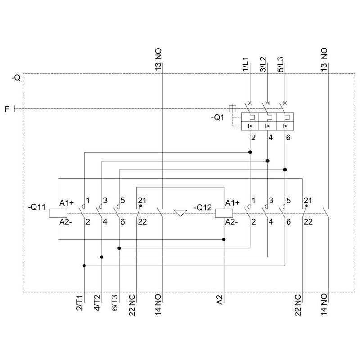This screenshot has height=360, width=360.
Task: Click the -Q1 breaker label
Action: [220, 119]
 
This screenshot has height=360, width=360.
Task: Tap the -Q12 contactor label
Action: [202, 207]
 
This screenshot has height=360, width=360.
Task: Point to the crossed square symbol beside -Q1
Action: [233, 108]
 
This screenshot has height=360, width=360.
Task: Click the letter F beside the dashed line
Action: [7, 108]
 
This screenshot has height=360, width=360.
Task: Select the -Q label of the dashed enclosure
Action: [16, 78]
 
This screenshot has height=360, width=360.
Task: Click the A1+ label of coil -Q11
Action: [66, 202]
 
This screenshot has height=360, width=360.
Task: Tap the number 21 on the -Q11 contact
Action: [142, 200]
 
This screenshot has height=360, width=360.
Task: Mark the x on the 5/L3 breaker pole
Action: [285, 103]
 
